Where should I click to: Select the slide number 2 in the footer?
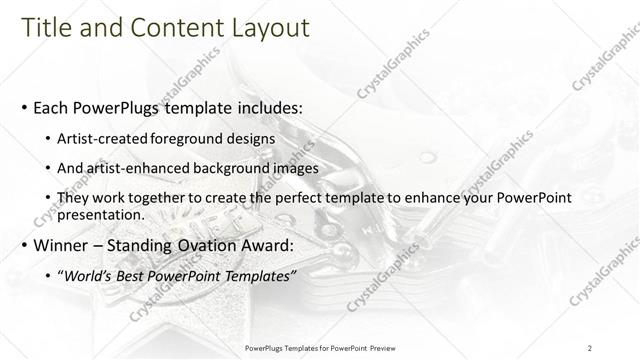(x=591, y=347)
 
